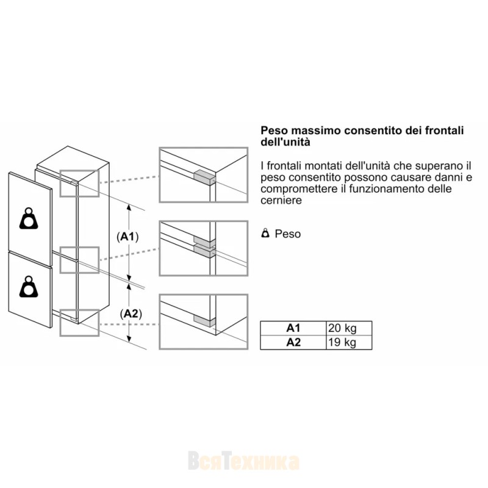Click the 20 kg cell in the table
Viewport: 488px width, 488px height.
(x=349, y=328)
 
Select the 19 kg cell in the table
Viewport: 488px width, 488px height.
(x=349, y=343)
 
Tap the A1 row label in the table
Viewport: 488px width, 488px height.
(x=293, y=328)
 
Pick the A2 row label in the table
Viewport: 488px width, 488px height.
(x=293, y=343)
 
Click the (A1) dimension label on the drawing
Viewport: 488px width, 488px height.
(x=127, y=237)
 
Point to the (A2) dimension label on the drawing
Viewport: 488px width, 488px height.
(x=131, y=314)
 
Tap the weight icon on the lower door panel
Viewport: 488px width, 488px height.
(x=29, y=286)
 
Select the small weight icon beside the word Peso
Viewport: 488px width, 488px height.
(x=265, y=233)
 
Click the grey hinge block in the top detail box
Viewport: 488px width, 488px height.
(x=204, y=178)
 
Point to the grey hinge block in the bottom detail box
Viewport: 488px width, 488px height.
(x=204, y=321)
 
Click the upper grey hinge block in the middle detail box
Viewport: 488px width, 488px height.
(x=204, y=240)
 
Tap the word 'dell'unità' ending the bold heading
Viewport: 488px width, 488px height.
(x=285, y=142)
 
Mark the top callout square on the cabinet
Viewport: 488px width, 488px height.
(x=79, y=184)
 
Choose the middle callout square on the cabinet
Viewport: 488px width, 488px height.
(x=79, y=260)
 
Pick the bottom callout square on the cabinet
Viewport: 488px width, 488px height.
(x=79, y=323)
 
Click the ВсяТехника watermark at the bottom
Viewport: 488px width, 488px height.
(x=243, y=461)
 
